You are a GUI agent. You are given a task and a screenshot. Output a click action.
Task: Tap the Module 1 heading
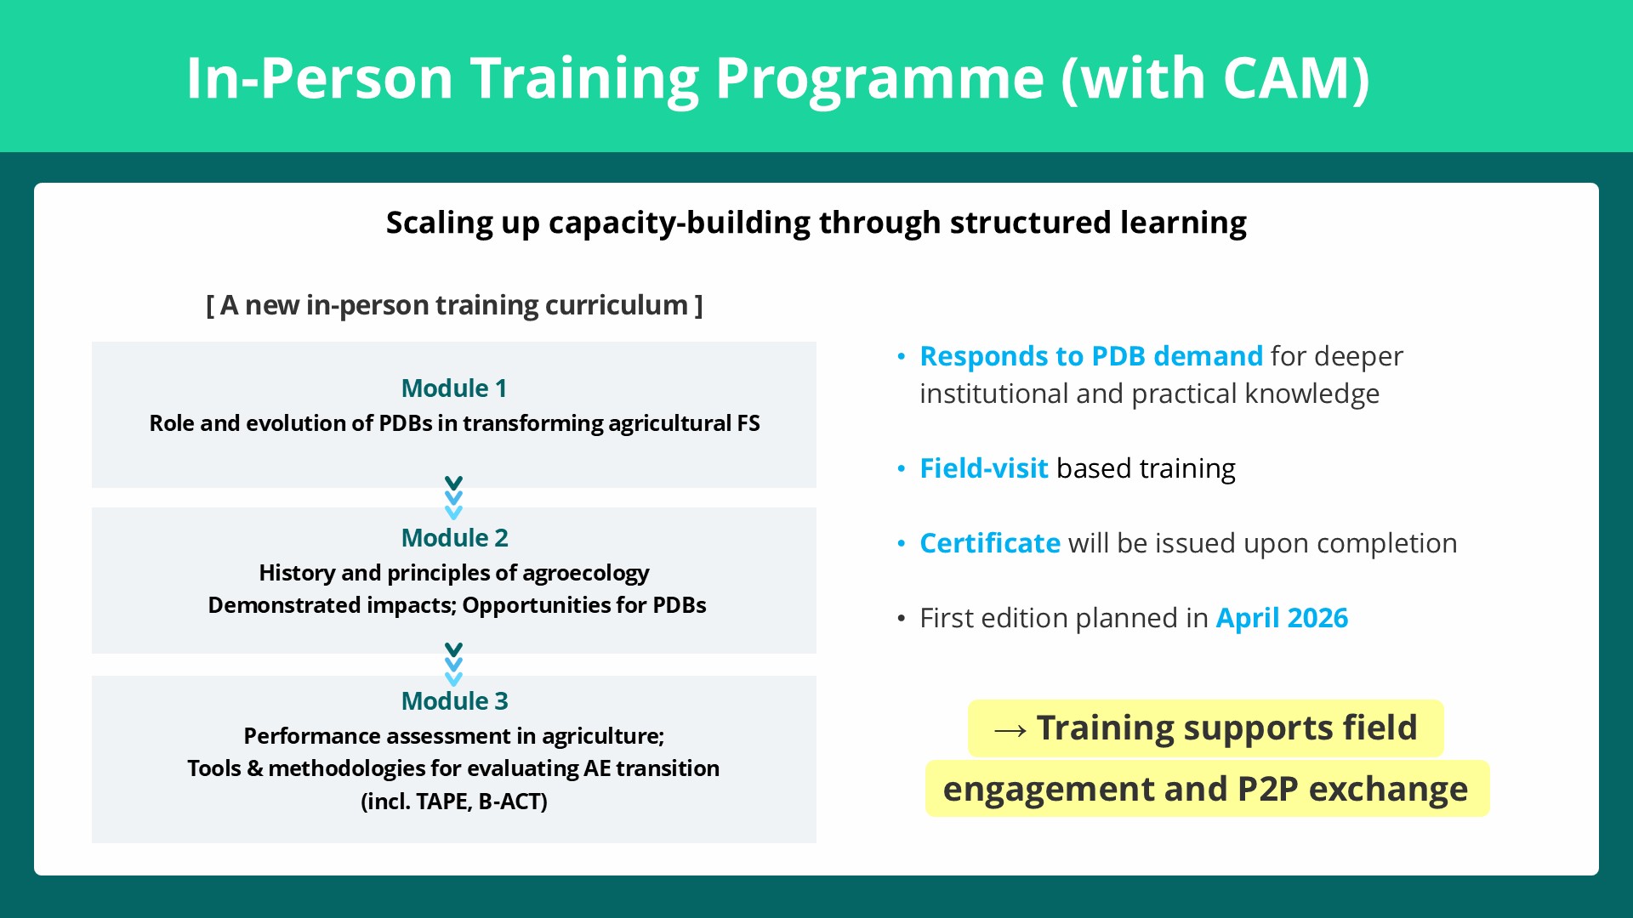click(x=454, y=388)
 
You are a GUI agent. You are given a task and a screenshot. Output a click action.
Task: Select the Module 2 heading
click(x=454, y=538)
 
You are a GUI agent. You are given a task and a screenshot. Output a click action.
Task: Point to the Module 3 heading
click(x=454, y=701)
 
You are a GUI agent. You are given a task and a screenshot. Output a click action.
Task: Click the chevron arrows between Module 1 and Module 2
click(x=453, y=498)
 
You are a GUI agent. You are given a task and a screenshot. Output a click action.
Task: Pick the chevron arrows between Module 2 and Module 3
click(x=453, y=665)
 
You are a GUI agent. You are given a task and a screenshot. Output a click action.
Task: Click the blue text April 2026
click(x=1282, y=618)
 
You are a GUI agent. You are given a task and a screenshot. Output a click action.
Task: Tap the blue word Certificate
click(x=990, y=543)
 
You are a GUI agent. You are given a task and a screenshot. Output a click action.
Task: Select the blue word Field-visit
click(x=984, y=468)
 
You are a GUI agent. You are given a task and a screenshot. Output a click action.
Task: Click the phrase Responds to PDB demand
click(x=1091, y=356)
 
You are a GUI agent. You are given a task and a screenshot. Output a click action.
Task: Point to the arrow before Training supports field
click(x=1010, y=730)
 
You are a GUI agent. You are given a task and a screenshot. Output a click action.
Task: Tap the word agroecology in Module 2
click(x=586, y=574)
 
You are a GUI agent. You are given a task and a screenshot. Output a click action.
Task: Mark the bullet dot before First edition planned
click(x=902, y=619)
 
